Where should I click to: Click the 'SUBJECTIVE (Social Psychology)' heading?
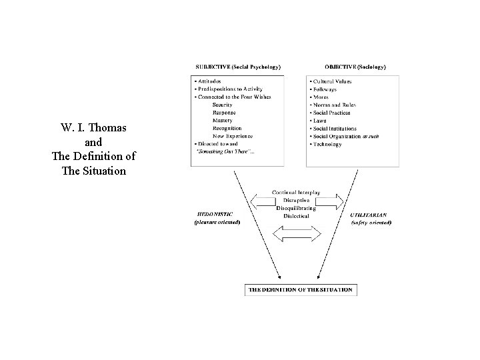237,67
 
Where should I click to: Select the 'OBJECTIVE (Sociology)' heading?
354,67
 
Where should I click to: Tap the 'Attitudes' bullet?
209,81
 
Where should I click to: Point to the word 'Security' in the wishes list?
222,105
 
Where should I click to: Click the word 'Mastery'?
222,121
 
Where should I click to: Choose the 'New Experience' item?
227,136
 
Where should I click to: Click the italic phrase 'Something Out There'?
224,152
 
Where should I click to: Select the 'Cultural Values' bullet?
331,81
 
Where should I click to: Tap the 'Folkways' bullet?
324,89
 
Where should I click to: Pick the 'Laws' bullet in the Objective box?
320,121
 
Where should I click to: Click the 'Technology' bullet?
326,144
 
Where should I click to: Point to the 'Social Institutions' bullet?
334,129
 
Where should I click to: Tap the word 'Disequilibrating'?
296,207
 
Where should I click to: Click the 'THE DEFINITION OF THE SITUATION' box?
300,290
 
